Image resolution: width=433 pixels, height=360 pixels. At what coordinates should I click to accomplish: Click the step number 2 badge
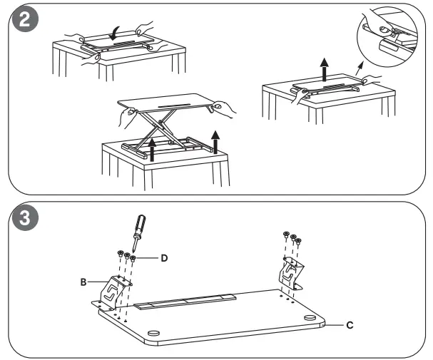[26, 21]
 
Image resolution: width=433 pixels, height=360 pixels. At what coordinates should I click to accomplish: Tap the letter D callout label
[164, 257]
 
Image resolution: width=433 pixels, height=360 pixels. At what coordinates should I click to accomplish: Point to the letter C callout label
[350, 324]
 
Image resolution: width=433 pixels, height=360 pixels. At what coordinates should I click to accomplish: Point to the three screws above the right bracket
[292, 240]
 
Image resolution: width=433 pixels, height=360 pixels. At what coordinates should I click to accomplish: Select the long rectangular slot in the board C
[185, 301]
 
